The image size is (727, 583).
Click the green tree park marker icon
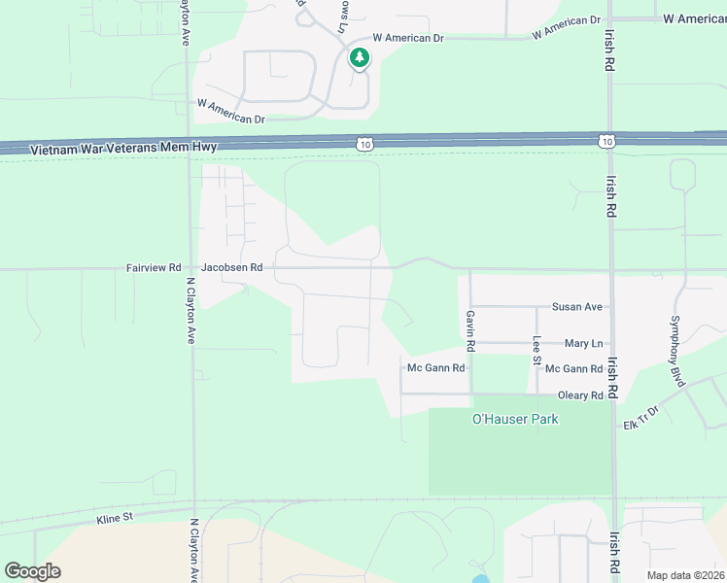pos(360,58)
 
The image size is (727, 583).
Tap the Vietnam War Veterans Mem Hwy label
pos(123,149)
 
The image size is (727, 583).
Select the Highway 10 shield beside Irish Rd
pos(606,142)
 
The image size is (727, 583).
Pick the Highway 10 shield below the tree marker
pos(363,144)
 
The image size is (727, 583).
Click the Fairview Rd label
pos(154,267)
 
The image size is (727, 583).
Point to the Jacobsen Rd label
pos(231,267)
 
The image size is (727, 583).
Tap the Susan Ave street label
pos(577,307)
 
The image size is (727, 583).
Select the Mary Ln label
pos(583,344)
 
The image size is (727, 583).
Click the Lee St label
pos(537,351)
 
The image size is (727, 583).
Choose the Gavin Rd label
pos(470,330)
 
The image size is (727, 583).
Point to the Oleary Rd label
pos(580,395)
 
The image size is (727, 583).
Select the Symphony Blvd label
pos(677,346)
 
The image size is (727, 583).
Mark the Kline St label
pos(115,519)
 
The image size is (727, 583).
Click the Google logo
pos(32,571)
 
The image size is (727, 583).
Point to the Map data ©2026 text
pos(685,575)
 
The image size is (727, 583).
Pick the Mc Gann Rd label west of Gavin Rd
pos(435,368)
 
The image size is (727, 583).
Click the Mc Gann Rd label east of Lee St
pos(573,369)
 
